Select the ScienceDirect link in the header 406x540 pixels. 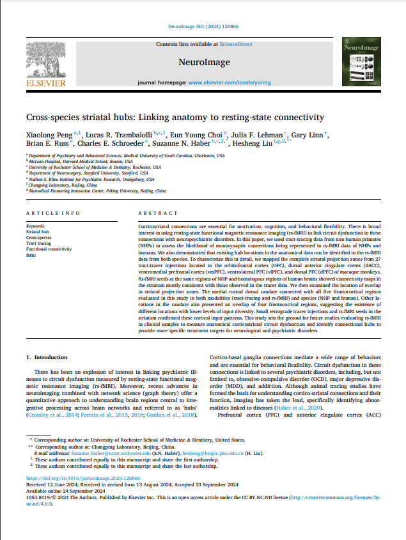(x=236, y=45)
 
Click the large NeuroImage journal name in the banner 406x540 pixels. (x=203, y=63)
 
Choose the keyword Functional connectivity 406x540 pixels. (x=49, y=249)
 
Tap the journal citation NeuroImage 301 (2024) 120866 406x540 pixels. (x=203, y=27)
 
